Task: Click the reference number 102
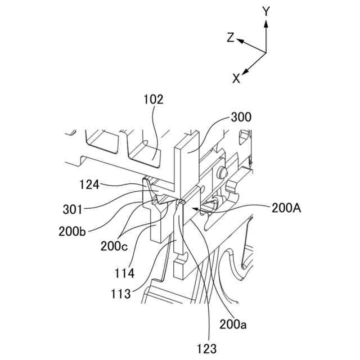(x=153, y=100)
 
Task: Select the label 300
(x=241, y=118)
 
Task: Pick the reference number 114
(x=124, y=274)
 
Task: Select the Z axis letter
(x=231, y=38)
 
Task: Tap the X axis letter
(x=236, y=79)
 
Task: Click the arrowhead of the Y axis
(x=266, y=22)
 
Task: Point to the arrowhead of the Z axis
(x=239, y=40)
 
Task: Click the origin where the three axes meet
(x=266, y=52)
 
